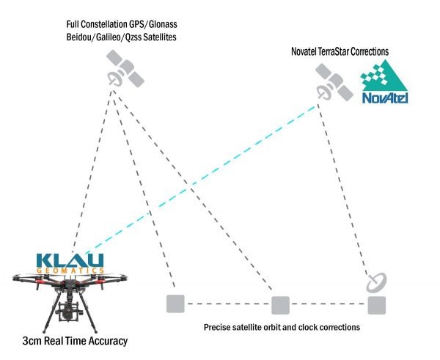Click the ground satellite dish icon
pyautogui.click(x=376, y=281)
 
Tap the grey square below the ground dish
pyautogui.click(x=376, y=304)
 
